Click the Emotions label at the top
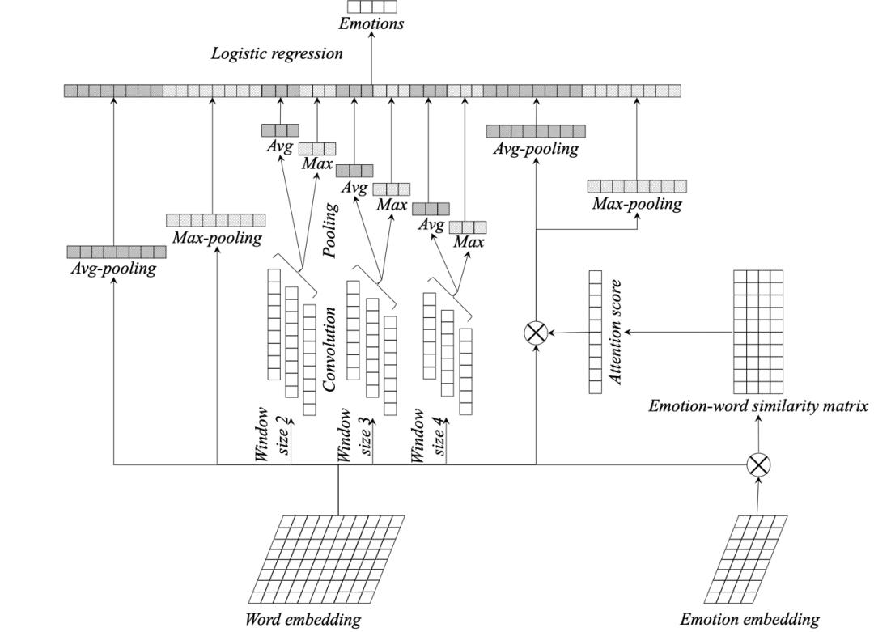tap(371, 23)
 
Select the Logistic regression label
tap(277, 54)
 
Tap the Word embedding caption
tap(303, 620)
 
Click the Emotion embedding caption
tap(749, 620)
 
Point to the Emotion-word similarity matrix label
tap(758, 406)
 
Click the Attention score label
tap(616, 332)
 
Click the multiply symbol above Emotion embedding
tap(758, 464)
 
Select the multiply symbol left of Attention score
tap(536, 332)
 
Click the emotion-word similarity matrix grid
tap(758, 332)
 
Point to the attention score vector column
tap(595, 332)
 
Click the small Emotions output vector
tap(371, 6)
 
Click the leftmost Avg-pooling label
tap(112, 269)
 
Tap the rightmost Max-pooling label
tap(637, 204)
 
